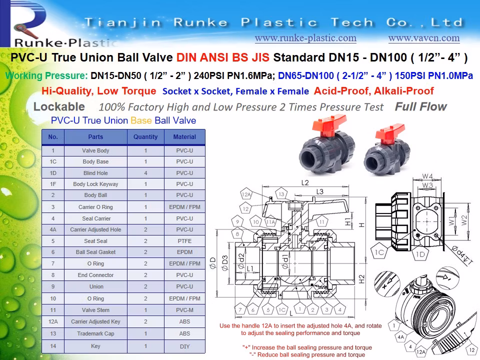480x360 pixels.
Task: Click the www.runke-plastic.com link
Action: click(x=305, y=38)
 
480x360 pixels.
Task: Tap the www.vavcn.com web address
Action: click(x=423, y=38)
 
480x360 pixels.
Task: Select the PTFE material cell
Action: click(x=184, y=241)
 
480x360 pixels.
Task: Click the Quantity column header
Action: click(x=145, y=136)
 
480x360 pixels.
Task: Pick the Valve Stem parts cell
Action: click(x=95, y=310)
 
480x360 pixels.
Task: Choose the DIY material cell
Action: click(x=184, y=346)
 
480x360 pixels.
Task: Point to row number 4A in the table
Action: click(x=53, y=229)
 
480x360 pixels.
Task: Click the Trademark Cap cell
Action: click(x=95, y=333)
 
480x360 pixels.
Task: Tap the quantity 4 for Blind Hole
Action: click(x=145, y=173)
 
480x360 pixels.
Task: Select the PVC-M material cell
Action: click(x=184, y=310)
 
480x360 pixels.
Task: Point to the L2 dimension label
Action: click(x=305, y=183)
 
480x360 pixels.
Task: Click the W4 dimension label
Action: click(x=427, y=176)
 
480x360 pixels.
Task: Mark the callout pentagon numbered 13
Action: click(x=281, y=194)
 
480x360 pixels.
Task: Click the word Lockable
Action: click(x=59, y=107)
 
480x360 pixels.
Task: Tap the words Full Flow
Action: click(x=420, y=106)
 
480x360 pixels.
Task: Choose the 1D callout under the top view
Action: click(x=420, y=254)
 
